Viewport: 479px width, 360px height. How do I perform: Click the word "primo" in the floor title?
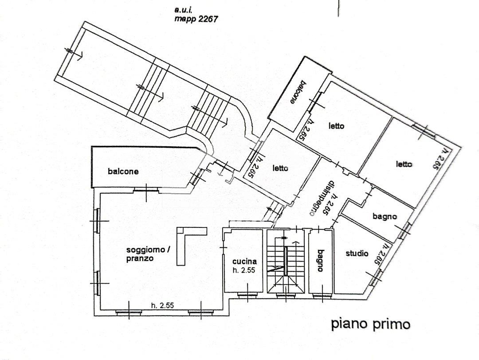click(391, 324)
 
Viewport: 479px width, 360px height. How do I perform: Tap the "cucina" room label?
click(243, 262)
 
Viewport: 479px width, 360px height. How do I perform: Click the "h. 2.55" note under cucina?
click(244, 270)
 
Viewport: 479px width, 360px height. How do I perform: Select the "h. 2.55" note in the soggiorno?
click(162, 305)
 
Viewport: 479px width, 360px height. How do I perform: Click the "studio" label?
click(357, 254)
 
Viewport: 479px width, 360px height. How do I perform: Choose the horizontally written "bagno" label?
click(385, 217)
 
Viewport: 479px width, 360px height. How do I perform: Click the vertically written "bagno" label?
click(320, 261)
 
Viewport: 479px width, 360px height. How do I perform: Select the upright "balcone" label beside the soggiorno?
click(123, 172)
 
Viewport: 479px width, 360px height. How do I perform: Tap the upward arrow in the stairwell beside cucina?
click(293, 243)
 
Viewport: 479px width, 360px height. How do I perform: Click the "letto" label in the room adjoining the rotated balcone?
click(336, 126)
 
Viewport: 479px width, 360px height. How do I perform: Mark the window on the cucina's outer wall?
click(244, 294)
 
